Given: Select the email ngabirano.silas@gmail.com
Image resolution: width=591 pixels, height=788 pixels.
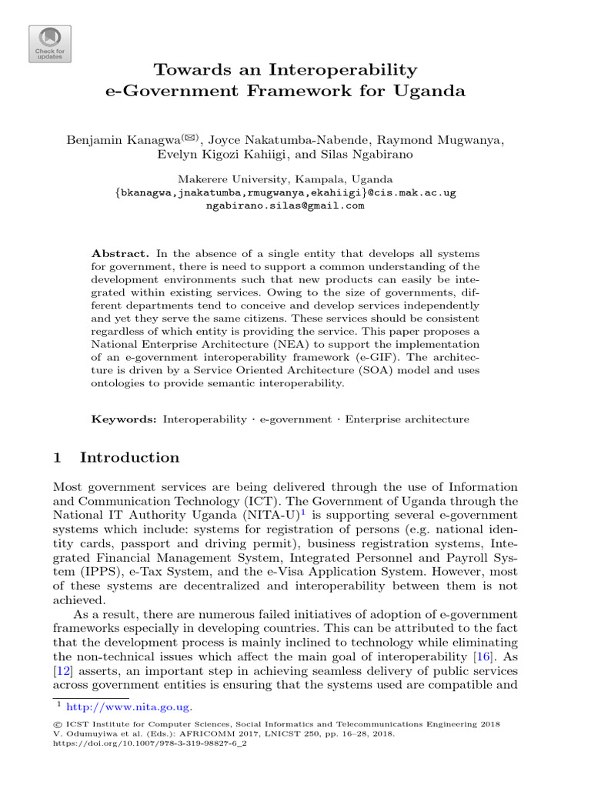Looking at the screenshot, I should pyautogui.click(x=285, y=205).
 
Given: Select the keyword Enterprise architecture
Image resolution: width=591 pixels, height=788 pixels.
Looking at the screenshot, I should pyautogui.click(x=406, y=419).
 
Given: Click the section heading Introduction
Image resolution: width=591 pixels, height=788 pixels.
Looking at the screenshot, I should pyautogui.click(x=129, y=458).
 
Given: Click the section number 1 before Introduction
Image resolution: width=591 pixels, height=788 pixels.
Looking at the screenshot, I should pyautogui.click(x=56, y=458).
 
